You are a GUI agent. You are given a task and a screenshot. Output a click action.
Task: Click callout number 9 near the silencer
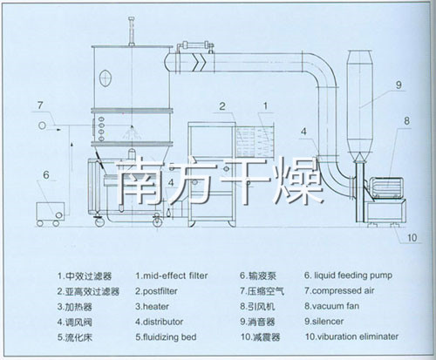pos(397,85)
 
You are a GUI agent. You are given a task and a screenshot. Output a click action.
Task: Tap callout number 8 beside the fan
pos(406,121)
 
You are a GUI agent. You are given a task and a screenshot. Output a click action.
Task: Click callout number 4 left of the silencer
pos(303,132)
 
